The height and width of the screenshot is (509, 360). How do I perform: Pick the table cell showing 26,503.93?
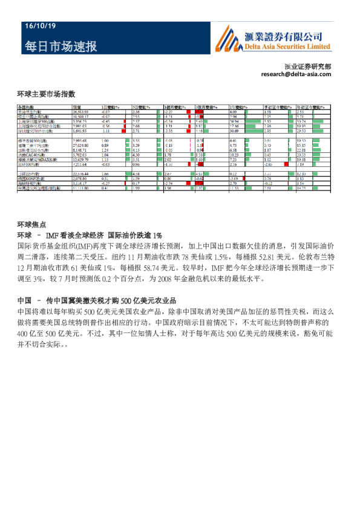82,112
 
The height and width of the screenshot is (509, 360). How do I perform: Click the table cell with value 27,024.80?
82,145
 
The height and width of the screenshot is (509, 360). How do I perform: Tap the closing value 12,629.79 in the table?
82,159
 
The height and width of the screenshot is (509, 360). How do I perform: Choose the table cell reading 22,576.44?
82,174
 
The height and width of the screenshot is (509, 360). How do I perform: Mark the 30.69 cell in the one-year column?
234,131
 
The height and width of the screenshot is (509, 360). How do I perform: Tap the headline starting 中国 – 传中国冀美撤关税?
97,300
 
